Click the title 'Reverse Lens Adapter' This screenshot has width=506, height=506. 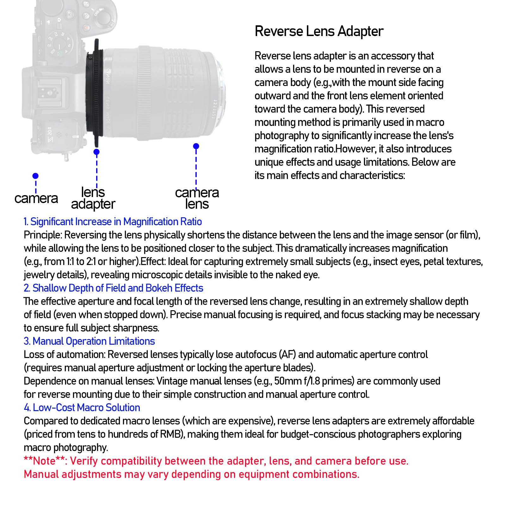click(x=319, y=31)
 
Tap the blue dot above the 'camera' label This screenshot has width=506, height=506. click(x=35, y=176)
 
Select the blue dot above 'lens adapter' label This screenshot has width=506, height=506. click(x=97, y=152)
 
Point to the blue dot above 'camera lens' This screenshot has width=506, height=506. click(x=196, y=146)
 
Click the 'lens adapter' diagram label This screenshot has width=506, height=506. click(x=93, y=198)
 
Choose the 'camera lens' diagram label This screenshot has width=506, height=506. click(x=197, y=198)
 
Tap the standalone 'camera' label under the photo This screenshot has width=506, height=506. click(x=36, y=199)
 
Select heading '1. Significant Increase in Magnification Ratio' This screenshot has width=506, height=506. click(x=113, y=222)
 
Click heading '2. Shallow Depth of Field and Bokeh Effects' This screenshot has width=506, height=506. click(x=113, y=288)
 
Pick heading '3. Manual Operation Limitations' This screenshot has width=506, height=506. click(x=89, y=341)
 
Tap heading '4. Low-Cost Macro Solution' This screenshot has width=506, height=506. click(x=82, y=408)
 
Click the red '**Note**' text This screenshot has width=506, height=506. click(x=44, y=461)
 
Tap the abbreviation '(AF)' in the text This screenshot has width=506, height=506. click(x=287, y=355)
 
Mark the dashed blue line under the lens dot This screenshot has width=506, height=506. click(x=196, y=168)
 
